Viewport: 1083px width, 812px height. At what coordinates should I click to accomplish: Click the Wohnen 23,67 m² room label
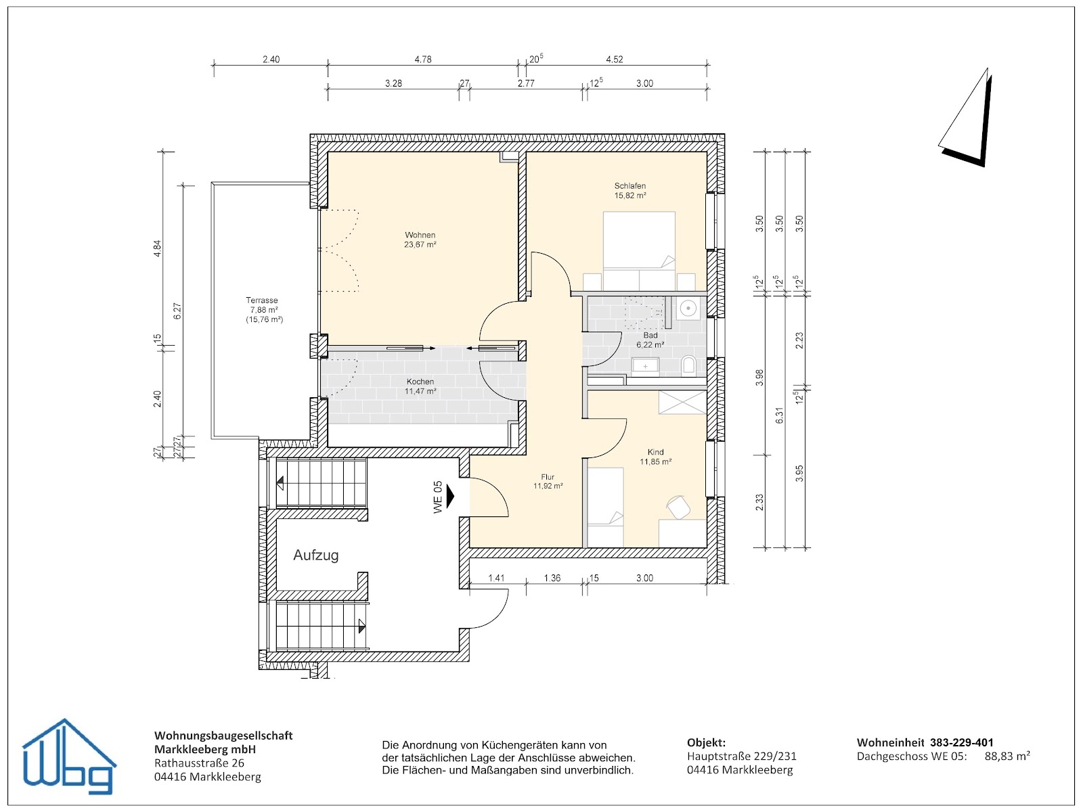tap(420, 240)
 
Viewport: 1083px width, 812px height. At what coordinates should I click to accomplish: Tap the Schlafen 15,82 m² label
tap(629, 190)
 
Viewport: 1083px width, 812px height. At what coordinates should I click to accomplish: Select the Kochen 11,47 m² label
tap(420, 386)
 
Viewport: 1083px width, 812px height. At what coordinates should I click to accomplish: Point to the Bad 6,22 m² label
tap(650, 340)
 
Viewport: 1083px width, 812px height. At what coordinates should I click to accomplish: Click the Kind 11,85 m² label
tap(655, 457)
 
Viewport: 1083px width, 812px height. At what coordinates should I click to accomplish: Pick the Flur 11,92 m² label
tap(548, 481)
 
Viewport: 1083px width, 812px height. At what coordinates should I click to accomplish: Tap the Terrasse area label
tap(263, 309)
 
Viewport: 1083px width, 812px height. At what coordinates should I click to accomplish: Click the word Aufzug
tap(315, 555)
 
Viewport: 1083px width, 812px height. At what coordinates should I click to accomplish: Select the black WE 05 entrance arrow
tap(451, 497)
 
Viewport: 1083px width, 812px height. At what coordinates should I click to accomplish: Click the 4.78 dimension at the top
tap(422, 60)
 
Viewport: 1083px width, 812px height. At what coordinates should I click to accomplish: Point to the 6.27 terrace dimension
tap(177, 311)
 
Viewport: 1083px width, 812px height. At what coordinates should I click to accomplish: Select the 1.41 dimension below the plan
tap(496, 578)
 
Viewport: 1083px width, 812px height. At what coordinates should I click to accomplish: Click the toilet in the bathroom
tap(688, 366)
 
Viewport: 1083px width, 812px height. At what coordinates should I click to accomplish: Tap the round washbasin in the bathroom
tap(688, 309)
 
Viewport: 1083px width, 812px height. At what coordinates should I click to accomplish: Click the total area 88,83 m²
tap(1007, 756)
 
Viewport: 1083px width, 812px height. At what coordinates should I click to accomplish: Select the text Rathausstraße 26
tap(199, 763)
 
